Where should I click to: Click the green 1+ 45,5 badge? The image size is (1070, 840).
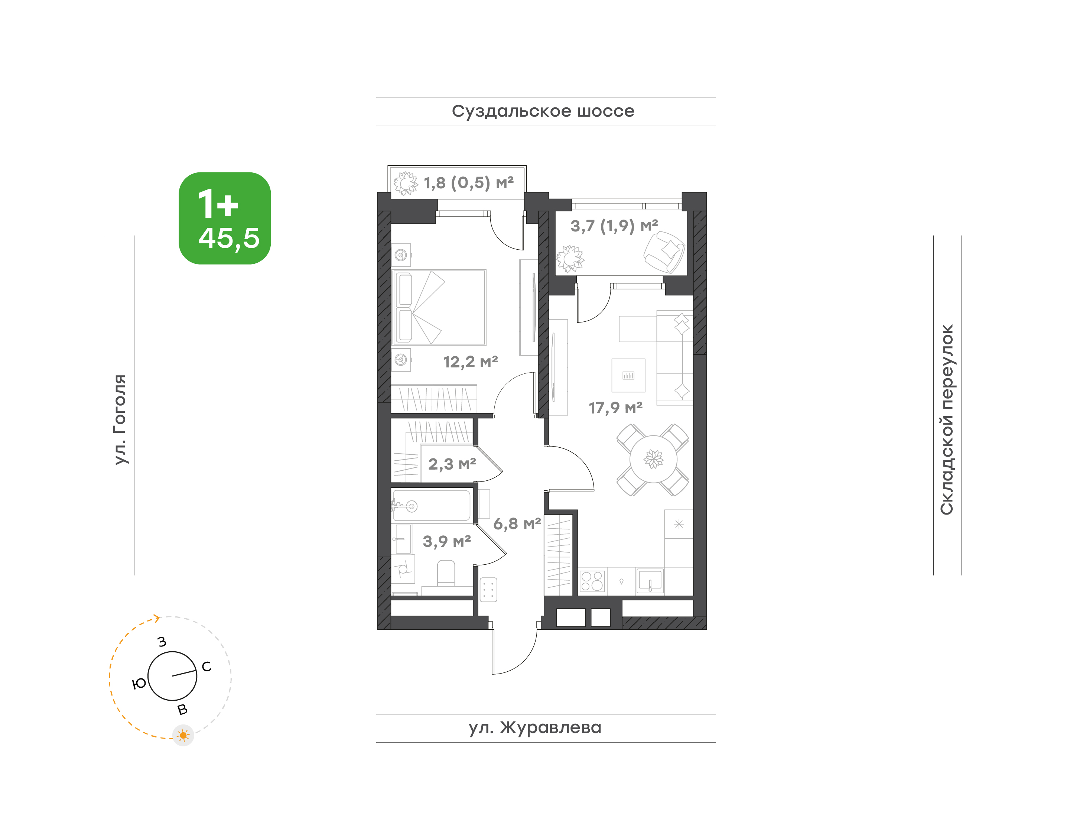pyautogui.click(x=225, y=218)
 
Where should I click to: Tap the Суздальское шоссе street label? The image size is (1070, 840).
pyautogui.click(x=543, y=111)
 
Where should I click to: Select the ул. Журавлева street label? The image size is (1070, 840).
pyautogui.click(x=535, y=727)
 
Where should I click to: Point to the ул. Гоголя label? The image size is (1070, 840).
pyautogui.click(x=120, y=419)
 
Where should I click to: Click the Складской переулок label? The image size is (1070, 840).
pyautogui.click(x=947, y=419)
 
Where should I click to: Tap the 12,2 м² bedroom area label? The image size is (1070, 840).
pyautogui.click(x=471, y=362)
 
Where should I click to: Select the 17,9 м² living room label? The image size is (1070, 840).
pyautogui.click(x=616, y=408)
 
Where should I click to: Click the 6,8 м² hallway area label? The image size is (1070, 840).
pyautogui.click(x=517, y=524)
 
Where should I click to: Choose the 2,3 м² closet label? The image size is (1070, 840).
pyautogui.click(x=452, y=464)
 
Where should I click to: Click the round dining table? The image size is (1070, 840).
pyautogui.click(x=653, y=459)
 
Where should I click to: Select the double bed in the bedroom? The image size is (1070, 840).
pyautogui.click(x=439, y=307)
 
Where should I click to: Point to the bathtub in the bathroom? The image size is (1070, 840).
pyautogui.click(x=431, y=506)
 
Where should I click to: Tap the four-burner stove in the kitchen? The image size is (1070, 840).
pyautogui.click(x=592, y=581)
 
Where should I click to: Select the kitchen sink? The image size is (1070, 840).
pyautogui.click(x=650, y=581)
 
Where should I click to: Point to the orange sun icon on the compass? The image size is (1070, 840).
pyautogui.click(x=183, y=736)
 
